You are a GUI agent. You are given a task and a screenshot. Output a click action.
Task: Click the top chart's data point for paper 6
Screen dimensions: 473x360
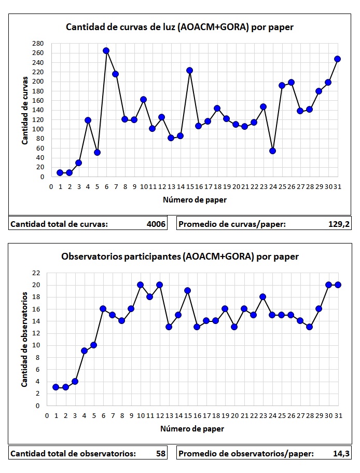(x=106, y=51)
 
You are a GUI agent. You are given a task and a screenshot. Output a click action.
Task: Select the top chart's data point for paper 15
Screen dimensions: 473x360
(x=189, y=71)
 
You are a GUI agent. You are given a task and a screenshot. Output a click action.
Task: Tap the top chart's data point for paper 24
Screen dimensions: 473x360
(x=272, y=151)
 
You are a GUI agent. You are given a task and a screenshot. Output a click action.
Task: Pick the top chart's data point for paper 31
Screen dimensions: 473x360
(x=337, y=59)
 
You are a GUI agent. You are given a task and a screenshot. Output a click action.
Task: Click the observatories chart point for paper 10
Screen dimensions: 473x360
(x=140, y=285)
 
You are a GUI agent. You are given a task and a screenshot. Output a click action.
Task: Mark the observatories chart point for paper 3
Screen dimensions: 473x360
(x=75, y=381)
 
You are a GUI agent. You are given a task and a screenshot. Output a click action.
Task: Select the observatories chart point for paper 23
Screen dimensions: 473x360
(x=262, y=297)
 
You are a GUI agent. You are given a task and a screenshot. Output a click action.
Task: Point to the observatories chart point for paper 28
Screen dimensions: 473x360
(x=310, y=327)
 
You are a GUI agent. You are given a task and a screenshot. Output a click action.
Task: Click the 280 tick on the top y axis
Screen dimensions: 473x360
(x=38, y=44)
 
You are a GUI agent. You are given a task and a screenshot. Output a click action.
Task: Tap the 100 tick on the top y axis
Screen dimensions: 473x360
(x=38, y=129)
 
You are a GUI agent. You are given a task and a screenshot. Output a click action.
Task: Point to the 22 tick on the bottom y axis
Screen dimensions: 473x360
(x=36, y=273)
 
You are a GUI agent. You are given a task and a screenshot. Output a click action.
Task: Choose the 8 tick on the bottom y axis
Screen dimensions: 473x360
(x=37, y=357)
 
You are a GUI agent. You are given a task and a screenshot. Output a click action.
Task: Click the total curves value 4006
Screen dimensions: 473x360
(x=156, y=224)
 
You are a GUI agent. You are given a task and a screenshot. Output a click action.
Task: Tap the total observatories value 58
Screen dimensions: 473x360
(x=161, y=453)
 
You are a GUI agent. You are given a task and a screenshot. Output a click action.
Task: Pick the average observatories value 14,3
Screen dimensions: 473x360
(x=341, y=453)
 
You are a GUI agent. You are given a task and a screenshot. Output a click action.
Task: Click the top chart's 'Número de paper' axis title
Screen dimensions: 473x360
(x=194, y=199)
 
